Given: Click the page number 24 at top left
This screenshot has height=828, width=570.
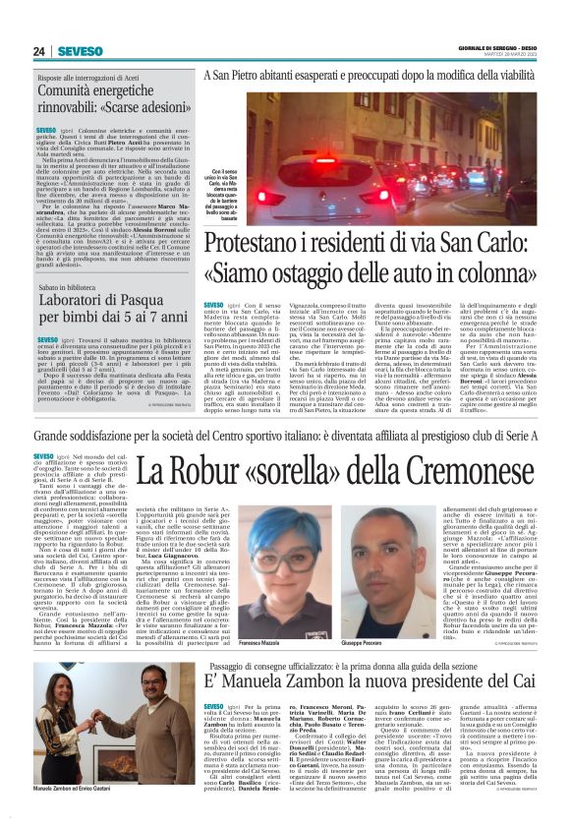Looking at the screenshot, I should coord(39,51).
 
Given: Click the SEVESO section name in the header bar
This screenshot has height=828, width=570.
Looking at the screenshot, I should coord(80,51).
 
